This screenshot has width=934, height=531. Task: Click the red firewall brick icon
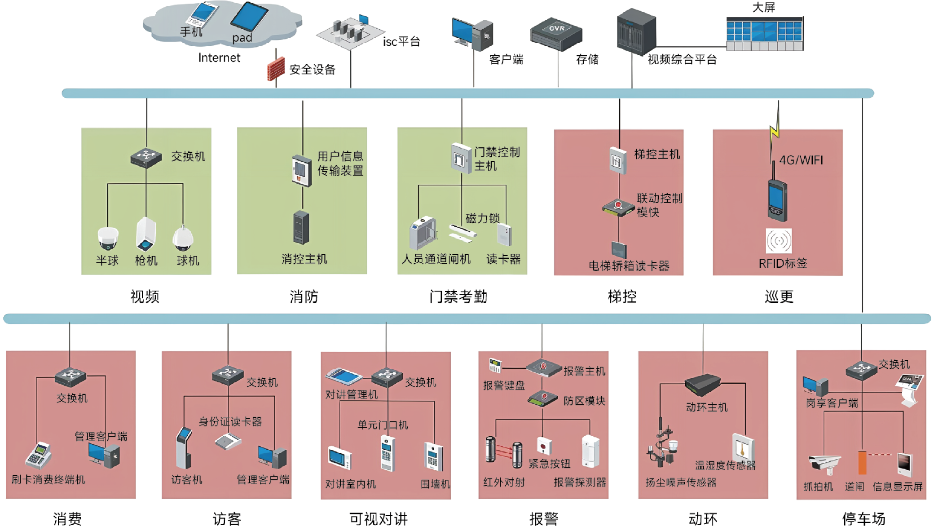click(x=276, y=69)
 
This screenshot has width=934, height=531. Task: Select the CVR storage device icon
click(x=556, y=34)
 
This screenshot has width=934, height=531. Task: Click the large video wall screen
click(x=765, y=33)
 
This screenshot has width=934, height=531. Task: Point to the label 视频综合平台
click(x=682, y=60)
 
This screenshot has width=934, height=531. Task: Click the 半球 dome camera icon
click(x=108, y=238)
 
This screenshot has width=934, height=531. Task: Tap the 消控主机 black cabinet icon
click(x=301, y=227)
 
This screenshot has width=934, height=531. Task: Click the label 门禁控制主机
click(x=497, y=159)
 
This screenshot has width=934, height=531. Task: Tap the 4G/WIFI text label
click(x=801, y=160)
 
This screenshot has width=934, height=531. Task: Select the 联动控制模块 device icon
click(x=618, y=208)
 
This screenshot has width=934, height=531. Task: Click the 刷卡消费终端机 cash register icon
click(x=38, y=454)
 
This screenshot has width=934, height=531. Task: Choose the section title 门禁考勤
click(x=458, y=296)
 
